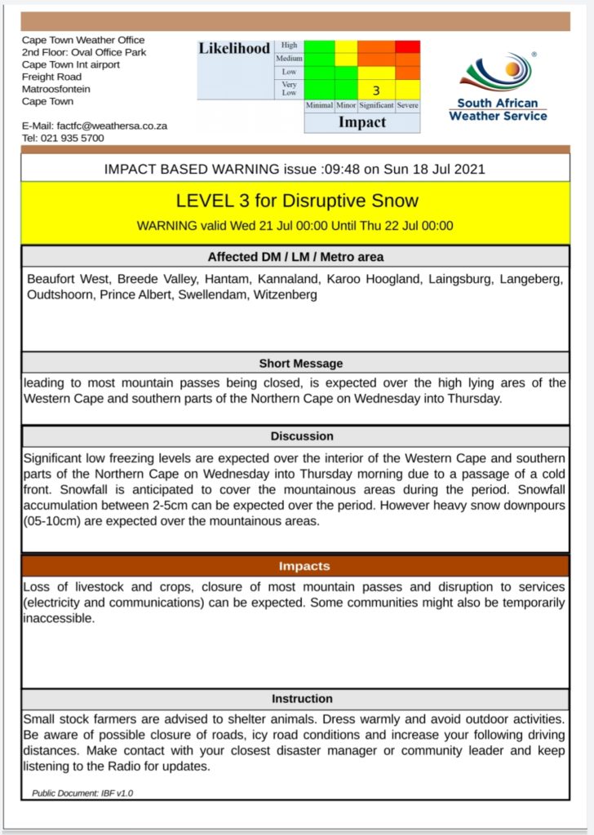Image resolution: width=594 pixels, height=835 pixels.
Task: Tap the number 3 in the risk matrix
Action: [x=376, y=91]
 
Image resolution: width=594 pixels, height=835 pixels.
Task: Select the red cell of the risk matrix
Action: [x=407, y=47]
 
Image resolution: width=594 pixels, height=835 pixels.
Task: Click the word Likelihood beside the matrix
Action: [x=234, y=49]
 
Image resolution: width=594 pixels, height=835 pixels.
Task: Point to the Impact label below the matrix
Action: [x=361, y=122]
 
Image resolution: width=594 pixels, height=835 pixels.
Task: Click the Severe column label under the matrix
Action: [x=408, y=106]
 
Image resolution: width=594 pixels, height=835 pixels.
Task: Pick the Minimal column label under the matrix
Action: [x=319, y=106]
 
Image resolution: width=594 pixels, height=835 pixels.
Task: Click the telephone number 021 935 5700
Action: [x=74, y=139]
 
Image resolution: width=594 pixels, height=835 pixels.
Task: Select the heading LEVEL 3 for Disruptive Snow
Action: [x=296, y=201]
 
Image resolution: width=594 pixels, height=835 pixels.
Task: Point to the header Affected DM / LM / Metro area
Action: [x=296, y=257]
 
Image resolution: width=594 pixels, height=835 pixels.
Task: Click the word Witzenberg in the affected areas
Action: [x=286, y=294]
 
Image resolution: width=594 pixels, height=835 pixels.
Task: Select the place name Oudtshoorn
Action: [x=60, y=294]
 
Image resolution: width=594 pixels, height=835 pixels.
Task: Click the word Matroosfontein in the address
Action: [x=56, y=89]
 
